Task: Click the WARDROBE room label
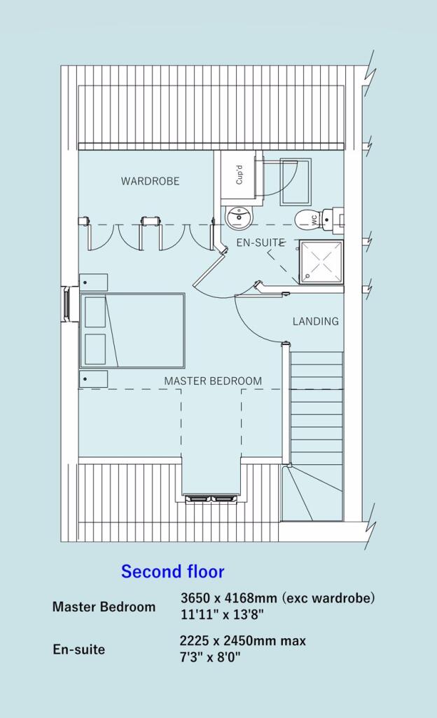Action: (150, 181)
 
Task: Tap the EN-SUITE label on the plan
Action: (261, 243)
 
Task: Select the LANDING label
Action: (315, 321)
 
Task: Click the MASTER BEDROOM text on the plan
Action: (213, 381)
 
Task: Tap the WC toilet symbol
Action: (309, 219)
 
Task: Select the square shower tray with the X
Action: (321, 262)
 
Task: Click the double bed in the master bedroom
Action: (132, 330)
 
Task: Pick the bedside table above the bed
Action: (94, 283)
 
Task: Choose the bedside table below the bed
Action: (94, 379)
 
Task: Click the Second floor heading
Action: (172, 571)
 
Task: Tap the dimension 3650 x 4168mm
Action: (228, 599)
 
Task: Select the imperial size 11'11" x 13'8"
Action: (222, 615)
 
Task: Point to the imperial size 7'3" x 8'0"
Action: (211, 657)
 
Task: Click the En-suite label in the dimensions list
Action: (78, 649)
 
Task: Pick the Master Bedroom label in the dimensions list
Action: (104, 607)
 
